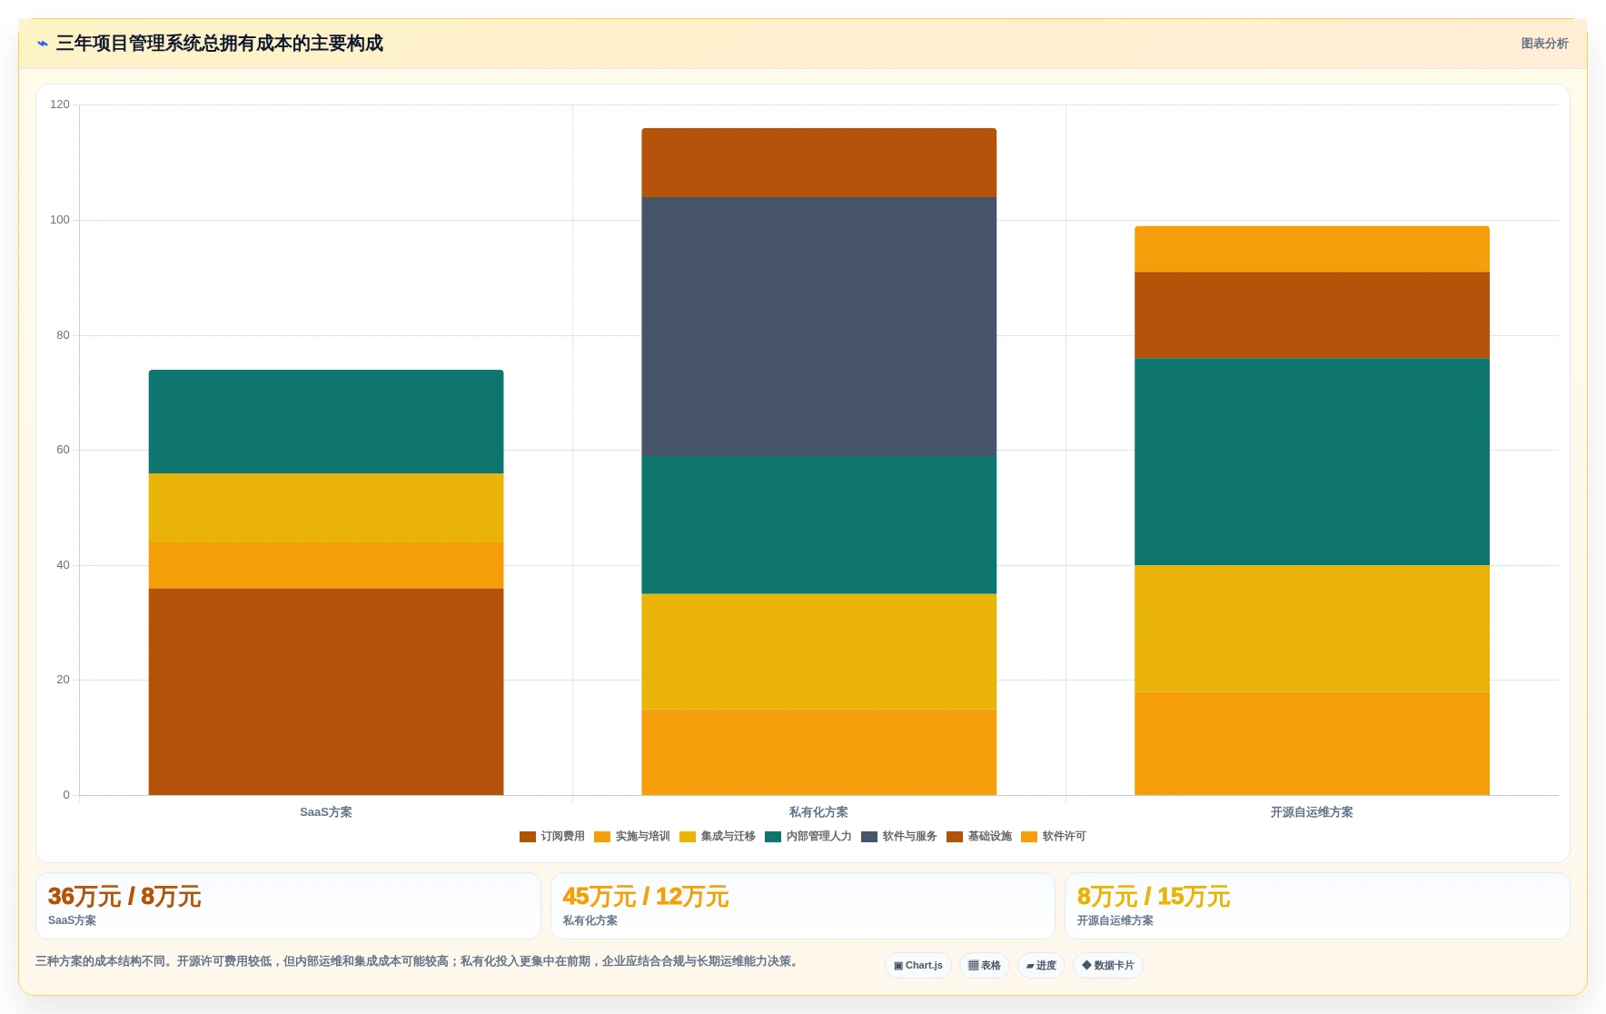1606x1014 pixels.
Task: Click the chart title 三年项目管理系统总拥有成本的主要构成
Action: click(220, 44)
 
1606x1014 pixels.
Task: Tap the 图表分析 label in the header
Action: click(1544, 44)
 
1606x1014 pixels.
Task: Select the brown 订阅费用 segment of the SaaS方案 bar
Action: click(326, 691)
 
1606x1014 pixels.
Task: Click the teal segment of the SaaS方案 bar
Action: click(326, 422)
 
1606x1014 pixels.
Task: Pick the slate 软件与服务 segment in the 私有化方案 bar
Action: click(818, 326)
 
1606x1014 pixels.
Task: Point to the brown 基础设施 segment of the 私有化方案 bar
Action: click(818, 163)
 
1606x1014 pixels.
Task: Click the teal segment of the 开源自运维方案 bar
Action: click(1312, 462)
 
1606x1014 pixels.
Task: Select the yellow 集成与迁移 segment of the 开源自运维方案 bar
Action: click(1312, 629)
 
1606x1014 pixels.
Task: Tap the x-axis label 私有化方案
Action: click(818, 812)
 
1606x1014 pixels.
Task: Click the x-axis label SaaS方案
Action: click(326, 812)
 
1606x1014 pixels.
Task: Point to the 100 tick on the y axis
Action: click(60, 220)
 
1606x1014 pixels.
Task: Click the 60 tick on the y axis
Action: click(63, 450)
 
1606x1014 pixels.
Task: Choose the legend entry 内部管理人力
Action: click(808, 837)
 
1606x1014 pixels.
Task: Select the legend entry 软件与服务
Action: click(899, 837)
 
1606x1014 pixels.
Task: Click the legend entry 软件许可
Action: click(1054, 837)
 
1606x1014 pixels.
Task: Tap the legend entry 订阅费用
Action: click(552, 837)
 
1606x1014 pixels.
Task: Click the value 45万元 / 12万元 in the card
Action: click(646, 897)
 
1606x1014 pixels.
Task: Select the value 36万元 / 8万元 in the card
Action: click(124, 897)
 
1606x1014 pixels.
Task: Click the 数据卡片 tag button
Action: click(1108, 966)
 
